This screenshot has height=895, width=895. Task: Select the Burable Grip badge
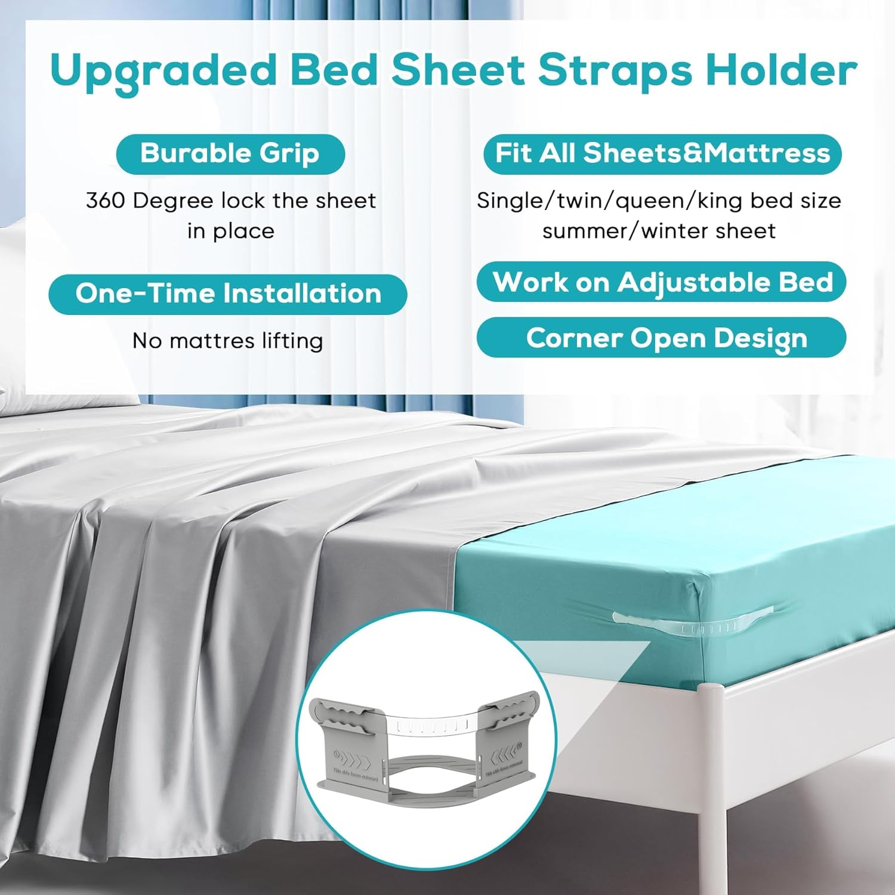pos(230,154)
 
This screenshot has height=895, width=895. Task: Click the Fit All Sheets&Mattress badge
pos(662,154)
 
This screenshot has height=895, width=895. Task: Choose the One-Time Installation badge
pos(228,294)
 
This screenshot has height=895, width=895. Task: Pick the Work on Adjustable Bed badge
pos(662,282)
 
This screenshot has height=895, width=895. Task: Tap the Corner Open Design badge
pos(662,338)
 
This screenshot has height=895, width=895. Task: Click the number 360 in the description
pos(106,200)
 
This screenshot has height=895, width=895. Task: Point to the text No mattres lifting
pos(228,341)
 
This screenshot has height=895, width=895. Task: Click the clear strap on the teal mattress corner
pos(692,621)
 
